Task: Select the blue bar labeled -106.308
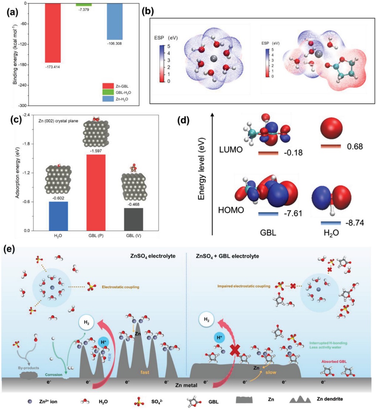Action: pos(117,21)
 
